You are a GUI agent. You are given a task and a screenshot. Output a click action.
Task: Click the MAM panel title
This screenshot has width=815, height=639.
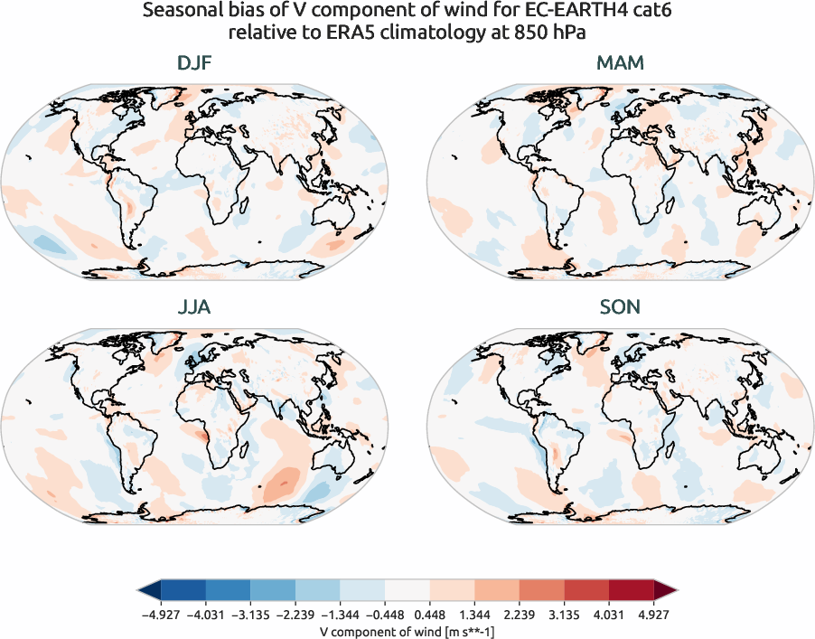pyautogui.click(x=620, y=64)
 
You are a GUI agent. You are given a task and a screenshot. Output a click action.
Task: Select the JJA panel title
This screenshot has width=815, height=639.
pyautogui.click(x=194, y=307)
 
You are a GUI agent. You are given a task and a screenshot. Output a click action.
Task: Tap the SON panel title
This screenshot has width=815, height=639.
pyautogui.click(x=620, y=307)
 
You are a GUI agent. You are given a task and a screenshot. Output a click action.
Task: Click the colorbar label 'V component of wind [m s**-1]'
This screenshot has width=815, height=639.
pyautogui.click(x=407, y=632)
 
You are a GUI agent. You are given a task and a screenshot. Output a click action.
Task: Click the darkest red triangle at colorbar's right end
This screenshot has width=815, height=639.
pyautogui.click(x=666, y=591)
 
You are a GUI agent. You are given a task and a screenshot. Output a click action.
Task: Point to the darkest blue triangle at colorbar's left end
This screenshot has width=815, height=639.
pyautogui.click(x=150, y=591)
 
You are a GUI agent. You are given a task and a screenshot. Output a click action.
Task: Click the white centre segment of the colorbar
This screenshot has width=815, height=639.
pyautogui.click(x=407, y=591)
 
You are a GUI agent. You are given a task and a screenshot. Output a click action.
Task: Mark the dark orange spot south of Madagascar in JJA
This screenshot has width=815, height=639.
pyautogui.click(x=284, y=484)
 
